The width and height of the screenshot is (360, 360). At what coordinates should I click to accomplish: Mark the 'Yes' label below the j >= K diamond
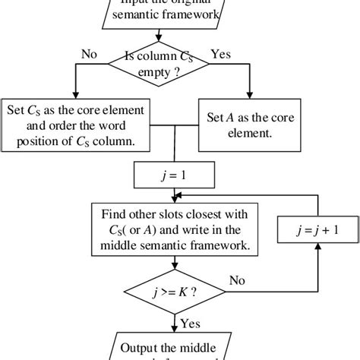[x=190, y=324]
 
